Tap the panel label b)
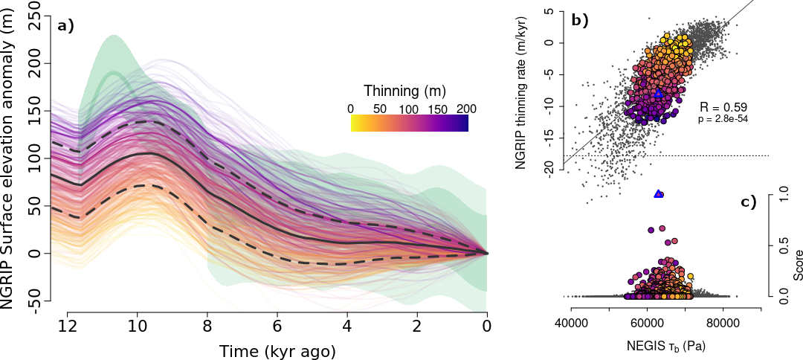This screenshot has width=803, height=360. tap(580, 21)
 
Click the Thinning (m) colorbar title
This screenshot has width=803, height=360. tap(404, 91)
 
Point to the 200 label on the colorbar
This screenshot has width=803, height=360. tap(466, 109)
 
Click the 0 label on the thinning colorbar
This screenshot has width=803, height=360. tap(350, 109)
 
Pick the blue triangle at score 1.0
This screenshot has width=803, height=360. tap(658, 193)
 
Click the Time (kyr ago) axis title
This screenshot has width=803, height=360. tap(277, 350)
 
